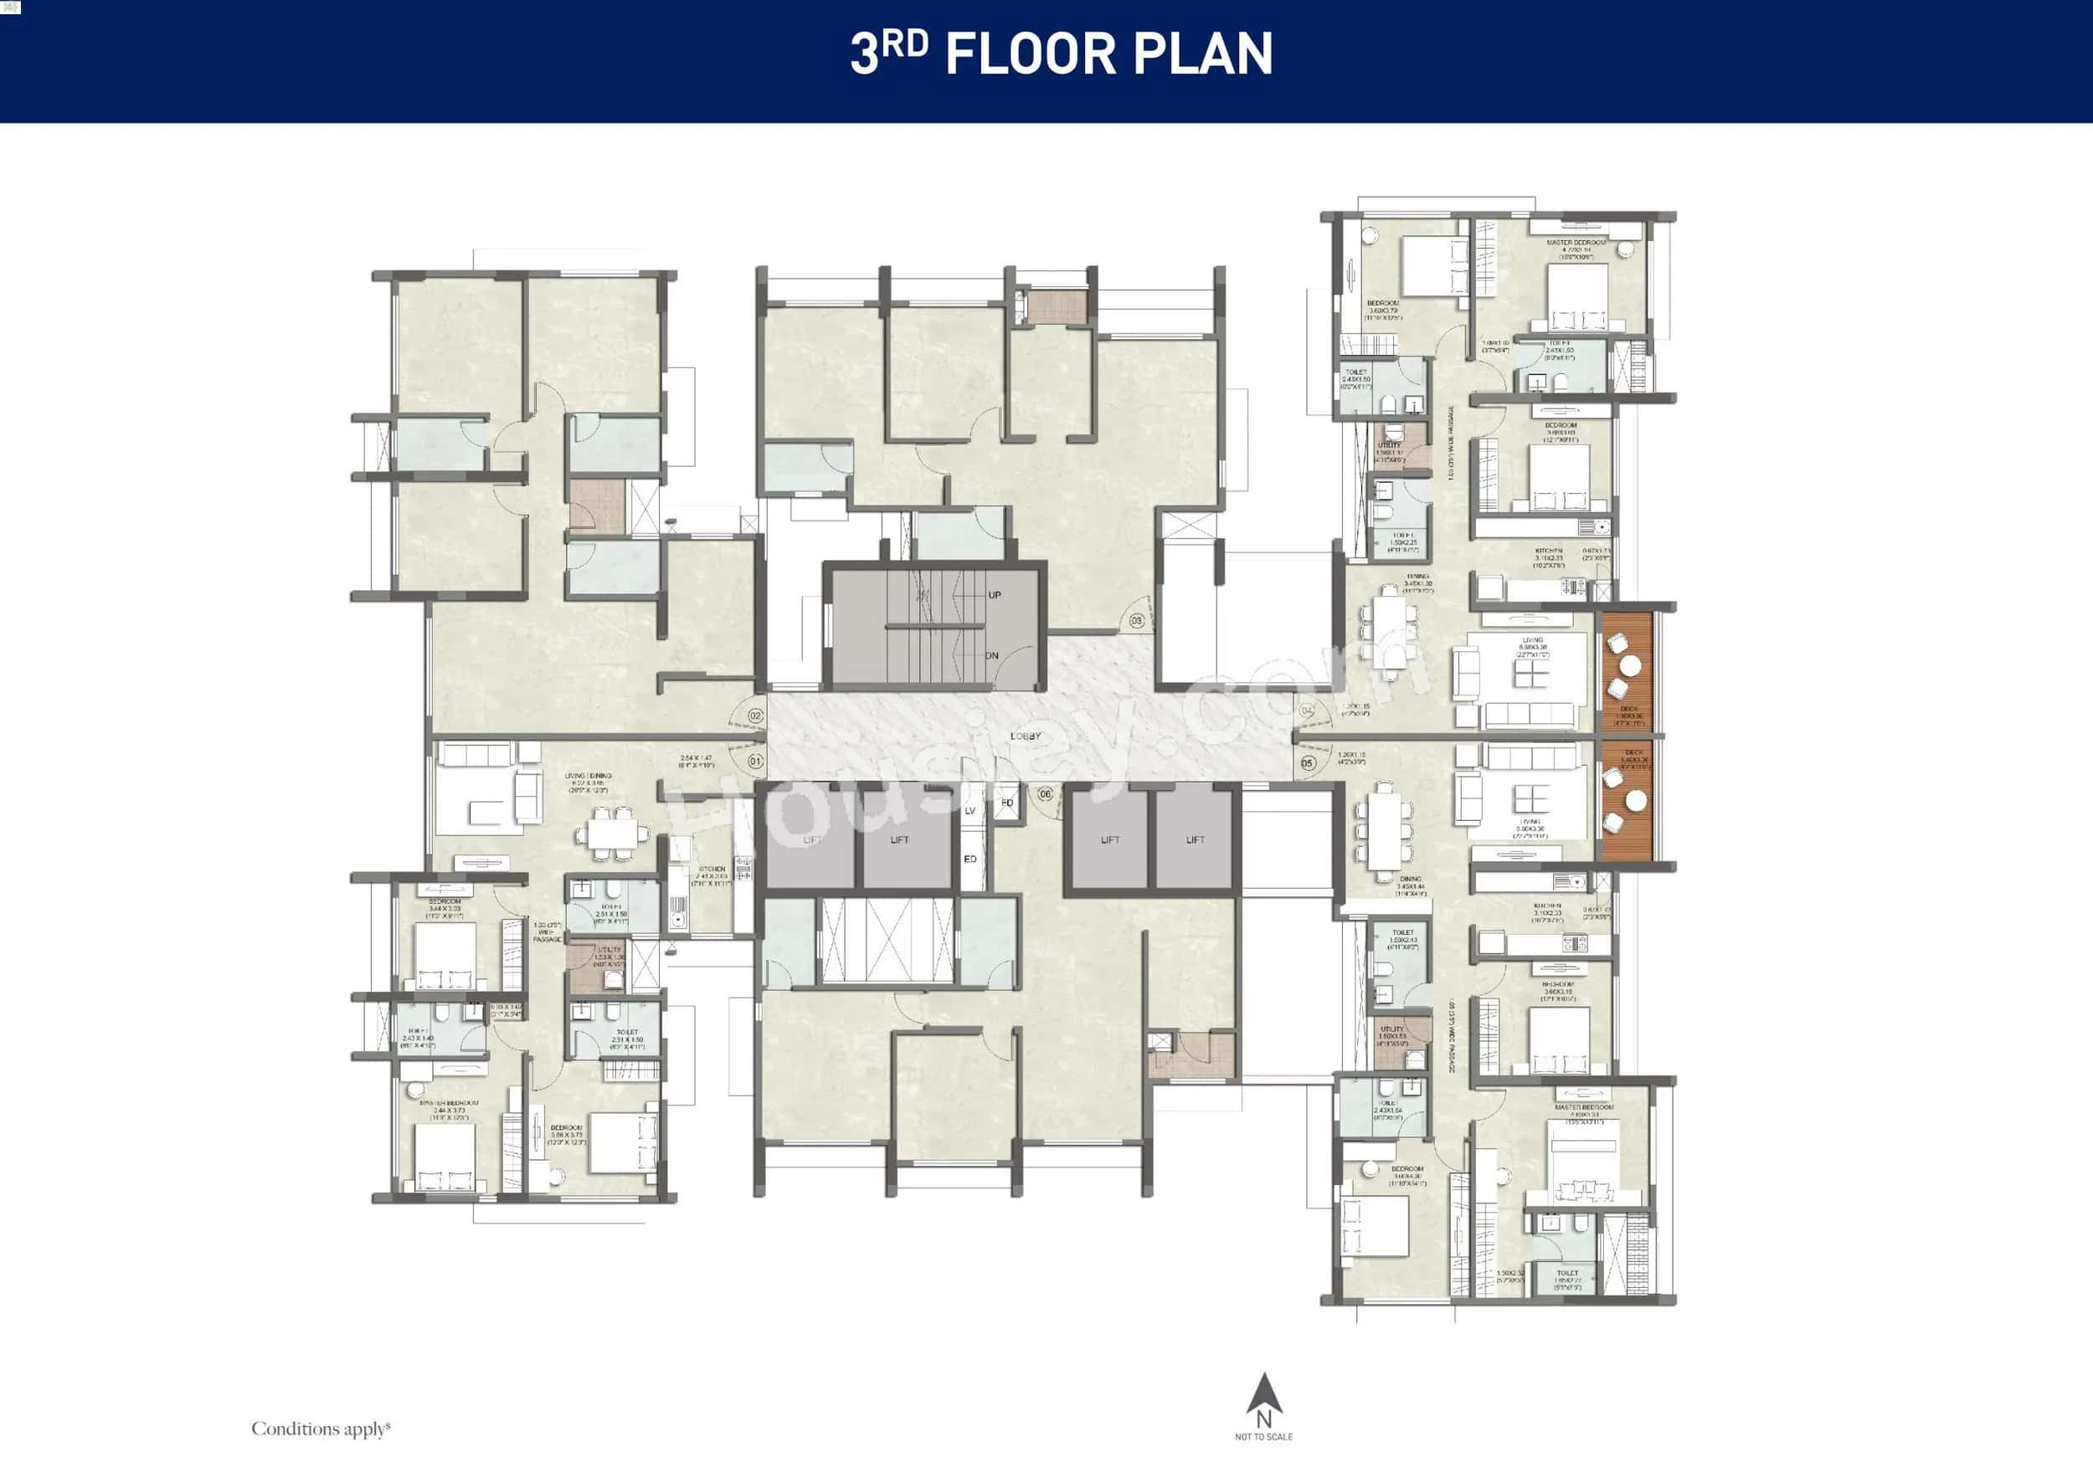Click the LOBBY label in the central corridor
(x=1025, y=736)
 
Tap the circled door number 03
(x=1136, y=621)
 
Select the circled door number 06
(x=1045, y=794)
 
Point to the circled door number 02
(x=755, y=716)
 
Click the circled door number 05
(x=1308, y=762)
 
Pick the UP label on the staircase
(x=994, y=595)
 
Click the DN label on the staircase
(x=992, y=655)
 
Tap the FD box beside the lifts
(x=1007, y=803)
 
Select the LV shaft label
(x=970, y=811)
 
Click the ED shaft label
(x=970, y=860)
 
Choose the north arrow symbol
(x=1263, y=1395)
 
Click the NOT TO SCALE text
(x=1263, y=1437)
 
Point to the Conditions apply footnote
(x=321, y=1429)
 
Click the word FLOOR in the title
(x=1031, y=54)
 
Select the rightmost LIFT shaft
(x=1195, y=839)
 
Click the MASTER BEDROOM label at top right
(x=1576, y=243)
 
